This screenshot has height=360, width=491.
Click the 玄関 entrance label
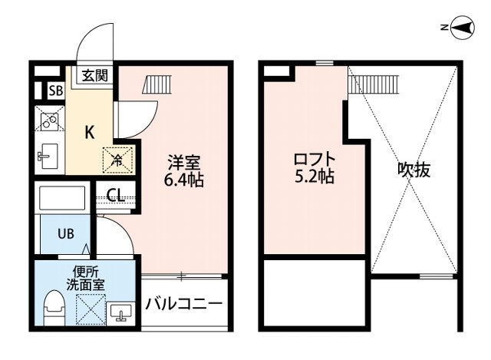[x=95, y=75]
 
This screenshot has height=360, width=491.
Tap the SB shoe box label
[x=55, y=91]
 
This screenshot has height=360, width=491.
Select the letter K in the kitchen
[x=89, y=132]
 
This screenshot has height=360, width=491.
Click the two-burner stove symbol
[x=51, y=121]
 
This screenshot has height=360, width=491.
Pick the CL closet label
[x=116, y=195]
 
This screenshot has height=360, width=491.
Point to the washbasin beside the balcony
[x=120, y=312]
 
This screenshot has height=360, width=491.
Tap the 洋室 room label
[x=184, y=163]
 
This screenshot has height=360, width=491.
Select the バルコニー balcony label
[x=184, y=306]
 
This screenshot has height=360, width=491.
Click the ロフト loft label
[x=314, y=160]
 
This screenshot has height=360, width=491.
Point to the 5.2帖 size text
[x=314, y=178]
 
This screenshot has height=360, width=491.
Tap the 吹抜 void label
[x=414, y=170]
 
